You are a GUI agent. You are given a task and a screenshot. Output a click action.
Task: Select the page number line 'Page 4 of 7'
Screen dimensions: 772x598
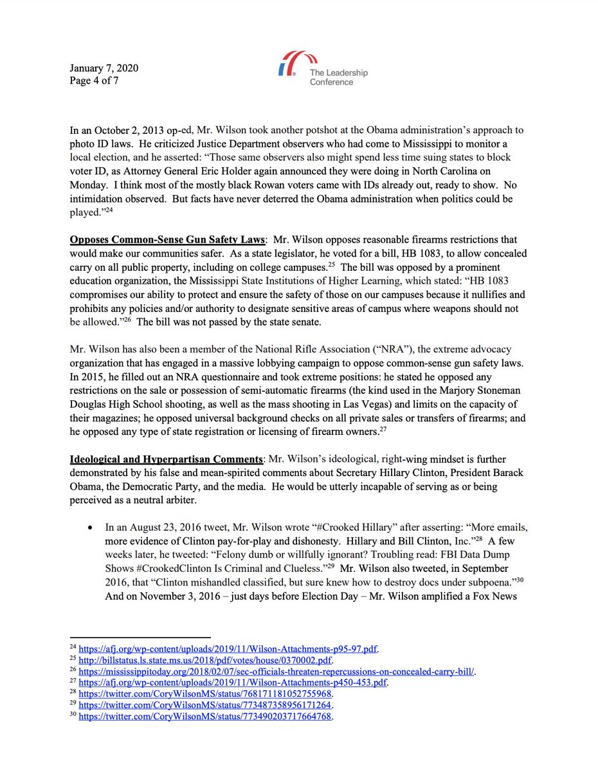pos(95,81)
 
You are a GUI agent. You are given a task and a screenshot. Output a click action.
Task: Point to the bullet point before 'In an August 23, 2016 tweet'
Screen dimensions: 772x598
pos(91,528)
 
